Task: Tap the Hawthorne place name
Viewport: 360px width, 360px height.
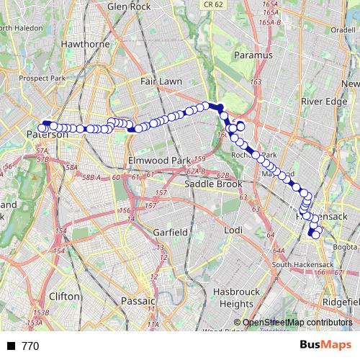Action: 85,44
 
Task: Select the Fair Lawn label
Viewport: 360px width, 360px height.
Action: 161,81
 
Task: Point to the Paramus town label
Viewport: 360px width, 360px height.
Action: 253,55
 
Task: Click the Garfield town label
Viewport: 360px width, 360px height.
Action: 171,233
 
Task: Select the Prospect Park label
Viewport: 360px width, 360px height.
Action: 42,78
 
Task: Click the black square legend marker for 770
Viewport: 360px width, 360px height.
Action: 11,346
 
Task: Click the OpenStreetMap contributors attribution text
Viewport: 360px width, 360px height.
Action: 298,323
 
